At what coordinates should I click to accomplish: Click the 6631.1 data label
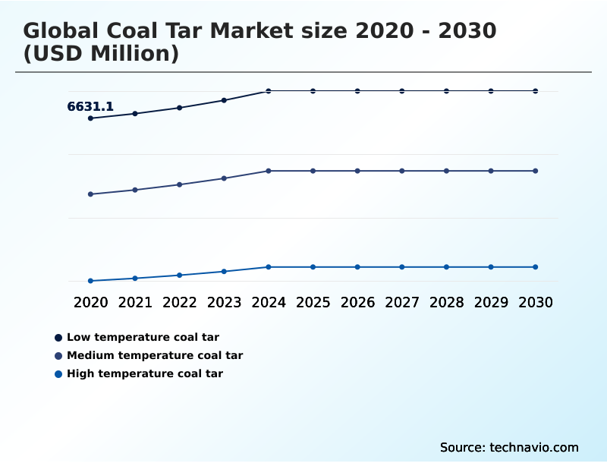[x=90, y=107]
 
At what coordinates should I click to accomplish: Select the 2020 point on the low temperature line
[x=90, y=118]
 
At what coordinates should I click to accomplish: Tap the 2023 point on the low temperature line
[x=224, y=100]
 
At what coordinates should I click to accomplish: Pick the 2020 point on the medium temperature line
[x=90, y=194]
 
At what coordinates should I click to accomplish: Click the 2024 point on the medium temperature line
[x=269, y=171]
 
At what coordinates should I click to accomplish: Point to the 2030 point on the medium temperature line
[x=536, y=171]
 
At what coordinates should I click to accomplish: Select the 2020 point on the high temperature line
[x=90, y=281]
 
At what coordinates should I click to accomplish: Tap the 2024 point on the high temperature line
[x=269, y=267]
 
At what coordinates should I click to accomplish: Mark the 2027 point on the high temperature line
[x=402, y=267]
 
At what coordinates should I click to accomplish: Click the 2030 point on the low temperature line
[x=536, y=91]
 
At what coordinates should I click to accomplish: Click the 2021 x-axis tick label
[x=135, y=303]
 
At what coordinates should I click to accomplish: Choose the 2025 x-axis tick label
[x=313, y=303]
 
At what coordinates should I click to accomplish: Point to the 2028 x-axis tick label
[x=446, y=303]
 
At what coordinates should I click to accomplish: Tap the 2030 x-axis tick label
[x=536, y=303]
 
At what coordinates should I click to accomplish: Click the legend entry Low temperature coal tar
[x=143, y=337]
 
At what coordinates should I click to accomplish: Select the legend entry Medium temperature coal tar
[x=155, y=355]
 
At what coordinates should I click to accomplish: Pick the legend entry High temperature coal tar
[x=145, y=373]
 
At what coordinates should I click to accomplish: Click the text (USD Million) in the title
[x=101, y=54]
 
